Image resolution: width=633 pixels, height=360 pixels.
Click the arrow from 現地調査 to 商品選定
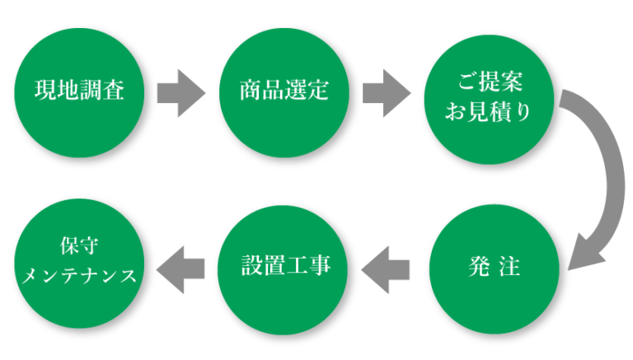[x=180, y=91]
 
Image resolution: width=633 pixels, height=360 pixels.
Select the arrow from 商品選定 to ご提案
[x=386, y=91]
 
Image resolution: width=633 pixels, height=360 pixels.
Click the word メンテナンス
[x=80, y=275]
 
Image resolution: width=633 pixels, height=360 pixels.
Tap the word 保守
[x=80, y=246]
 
